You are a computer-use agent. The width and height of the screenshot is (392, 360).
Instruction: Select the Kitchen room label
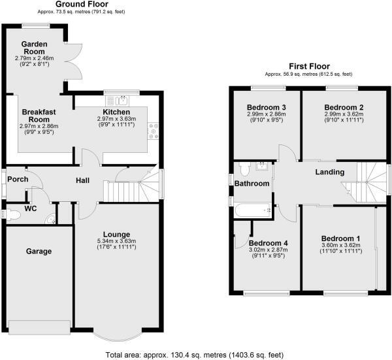tap(114, 112)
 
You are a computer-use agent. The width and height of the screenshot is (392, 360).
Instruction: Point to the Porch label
tap(16, 178)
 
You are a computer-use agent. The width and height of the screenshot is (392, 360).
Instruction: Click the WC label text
tap(29, 209)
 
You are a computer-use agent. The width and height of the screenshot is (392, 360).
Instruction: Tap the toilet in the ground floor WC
tap(8, 214)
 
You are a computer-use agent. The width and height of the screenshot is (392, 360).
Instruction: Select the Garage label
tap(39, 250)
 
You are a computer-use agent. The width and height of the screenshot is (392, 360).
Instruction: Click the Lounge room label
tap(117, 234)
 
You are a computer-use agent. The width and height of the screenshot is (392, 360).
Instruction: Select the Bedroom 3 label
tap(265, 108)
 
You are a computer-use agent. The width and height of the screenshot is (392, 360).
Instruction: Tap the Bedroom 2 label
tap(344, 108)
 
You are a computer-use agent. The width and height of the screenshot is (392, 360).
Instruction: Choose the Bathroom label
tap(252, 184)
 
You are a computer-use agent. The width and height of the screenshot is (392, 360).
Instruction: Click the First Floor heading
tap(310, 66)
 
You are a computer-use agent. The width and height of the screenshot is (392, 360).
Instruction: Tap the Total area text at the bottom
tap(195, 353)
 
